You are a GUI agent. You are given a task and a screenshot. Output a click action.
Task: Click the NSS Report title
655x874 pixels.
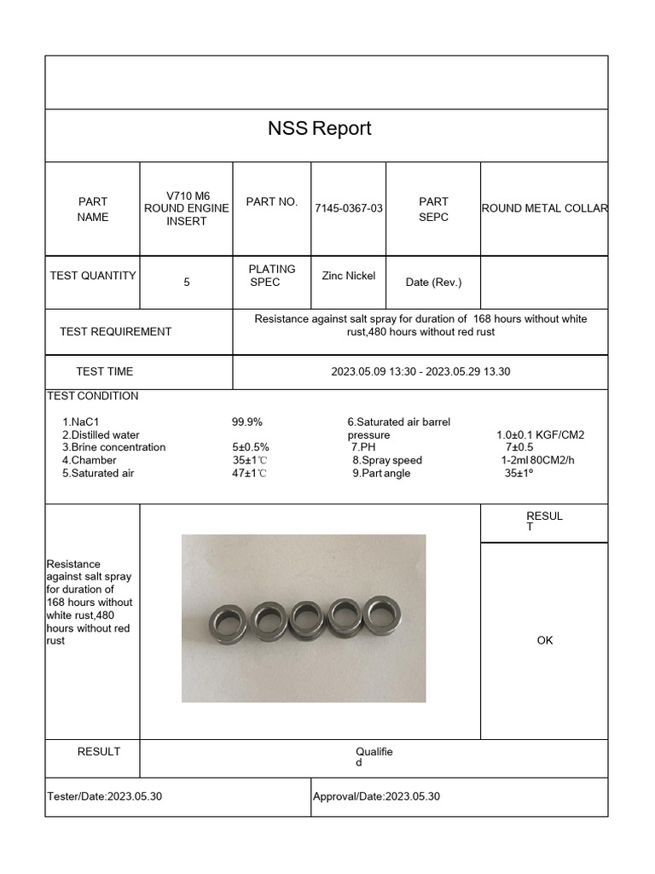click(x=320, y=129)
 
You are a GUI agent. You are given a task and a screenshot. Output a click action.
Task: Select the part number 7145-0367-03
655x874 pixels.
click(x=349, y=208)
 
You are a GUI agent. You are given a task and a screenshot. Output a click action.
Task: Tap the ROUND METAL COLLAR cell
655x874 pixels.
click(x=544, y=208)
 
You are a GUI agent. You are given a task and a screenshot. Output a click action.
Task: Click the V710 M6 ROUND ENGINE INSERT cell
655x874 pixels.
click(x=186, y=208)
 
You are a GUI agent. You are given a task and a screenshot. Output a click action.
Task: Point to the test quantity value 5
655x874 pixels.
click(x=186, y=282)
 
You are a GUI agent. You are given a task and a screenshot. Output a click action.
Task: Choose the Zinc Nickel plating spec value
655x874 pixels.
click(x=348, y=276)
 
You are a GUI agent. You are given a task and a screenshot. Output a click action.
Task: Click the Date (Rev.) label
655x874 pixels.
click(x=433, y=283)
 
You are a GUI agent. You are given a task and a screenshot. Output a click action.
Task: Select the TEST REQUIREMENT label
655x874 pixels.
click(x=115, y=331)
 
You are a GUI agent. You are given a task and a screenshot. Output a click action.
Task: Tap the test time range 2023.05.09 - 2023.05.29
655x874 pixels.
click(x=420, y=371)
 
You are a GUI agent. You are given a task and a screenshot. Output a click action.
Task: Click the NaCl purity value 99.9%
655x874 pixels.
click(x=247, y=422)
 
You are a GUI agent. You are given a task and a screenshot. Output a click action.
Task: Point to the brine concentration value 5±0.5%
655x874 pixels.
click(x=251, y=447)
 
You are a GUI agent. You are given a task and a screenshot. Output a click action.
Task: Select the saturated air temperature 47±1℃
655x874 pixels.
click(x=250, y=473)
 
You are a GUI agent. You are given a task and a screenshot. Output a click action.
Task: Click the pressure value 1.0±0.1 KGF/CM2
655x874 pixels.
click(x=541, y=434)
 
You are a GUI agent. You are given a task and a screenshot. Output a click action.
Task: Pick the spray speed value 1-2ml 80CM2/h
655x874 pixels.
click(x=538, y=460)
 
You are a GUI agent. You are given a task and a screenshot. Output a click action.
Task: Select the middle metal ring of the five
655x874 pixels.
click(x=305, y=619)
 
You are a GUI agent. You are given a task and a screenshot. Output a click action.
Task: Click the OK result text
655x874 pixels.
click(x=545, y=640)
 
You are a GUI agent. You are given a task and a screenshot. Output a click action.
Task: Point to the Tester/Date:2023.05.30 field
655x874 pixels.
click(x=105, y=796)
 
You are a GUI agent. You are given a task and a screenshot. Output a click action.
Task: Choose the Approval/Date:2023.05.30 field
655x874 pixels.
click(x=377, y=796)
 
